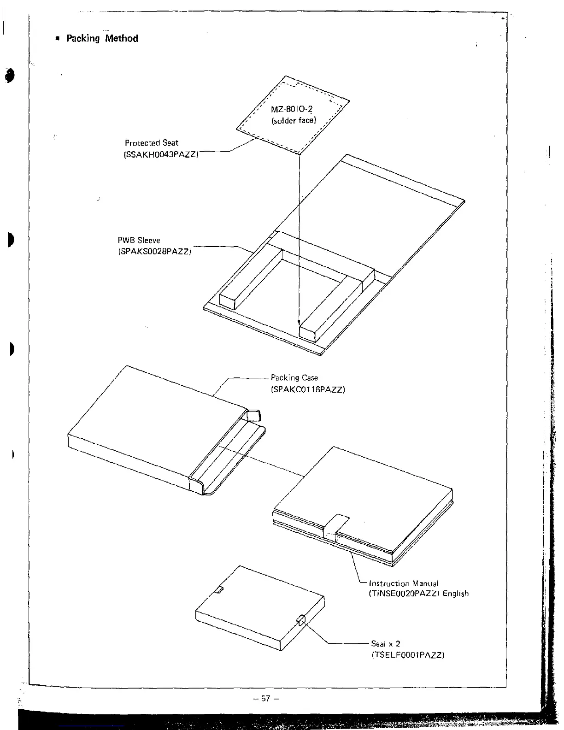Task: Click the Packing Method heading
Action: tap(102, 38)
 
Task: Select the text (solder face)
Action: tap(294, 121)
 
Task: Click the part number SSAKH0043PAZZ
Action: tap(161, 154)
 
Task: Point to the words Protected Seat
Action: tap(151, 143)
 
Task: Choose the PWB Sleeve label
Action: tap(139, 240)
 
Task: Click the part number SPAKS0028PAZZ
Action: tap(154, 252)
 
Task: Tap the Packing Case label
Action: tap(294, 378)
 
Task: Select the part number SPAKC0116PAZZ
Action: tap(308, 389)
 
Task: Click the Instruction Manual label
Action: tap(404, 583)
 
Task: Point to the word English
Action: tap(455, 594)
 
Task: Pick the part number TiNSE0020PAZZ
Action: tap(404, 594)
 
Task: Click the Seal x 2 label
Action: tap(385, 644)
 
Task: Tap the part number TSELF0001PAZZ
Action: tap(407, 655)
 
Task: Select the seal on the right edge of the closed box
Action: tap(301, 620)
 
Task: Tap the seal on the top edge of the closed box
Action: tap(220, 590)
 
